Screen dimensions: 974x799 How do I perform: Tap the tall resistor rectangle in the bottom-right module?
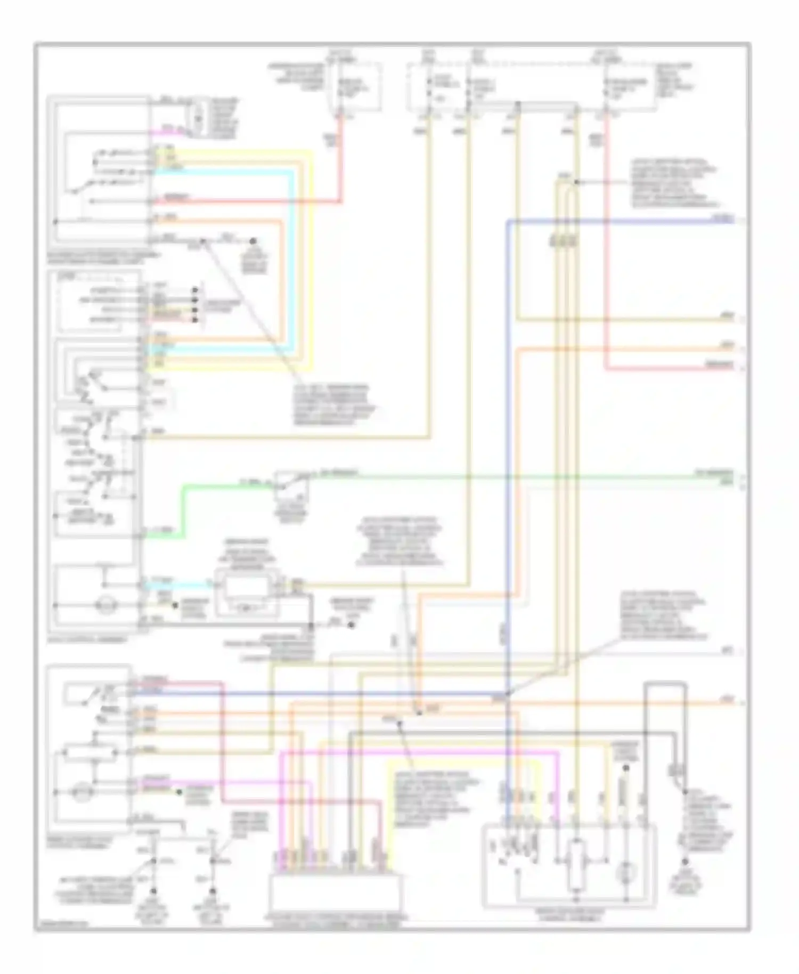click(576, 866)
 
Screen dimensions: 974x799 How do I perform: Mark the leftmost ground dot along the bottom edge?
click(154, 891)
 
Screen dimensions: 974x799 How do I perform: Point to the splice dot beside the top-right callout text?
click(576, 182)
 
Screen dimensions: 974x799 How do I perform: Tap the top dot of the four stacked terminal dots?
click(195, 290)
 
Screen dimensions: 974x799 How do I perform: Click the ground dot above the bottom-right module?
click(626, 768)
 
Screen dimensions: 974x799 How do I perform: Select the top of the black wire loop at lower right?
click(665, 683)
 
